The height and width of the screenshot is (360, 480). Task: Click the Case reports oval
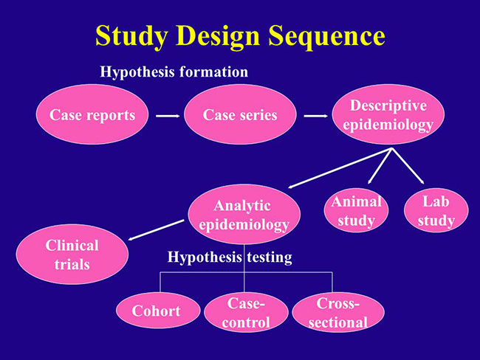(x=92, y=114)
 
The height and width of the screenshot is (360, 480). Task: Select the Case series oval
(x=240, y=114)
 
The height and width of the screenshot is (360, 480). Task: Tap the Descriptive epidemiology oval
(x=388, y=114)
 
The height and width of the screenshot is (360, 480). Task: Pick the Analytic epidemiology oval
(x=244, y=214)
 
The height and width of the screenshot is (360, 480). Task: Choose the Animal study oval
(x=356, y=210)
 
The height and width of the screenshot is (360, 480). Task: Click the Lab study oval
(x=436, y=210)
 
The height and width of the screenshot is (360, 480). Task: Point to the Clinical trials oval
(x=72, y=255)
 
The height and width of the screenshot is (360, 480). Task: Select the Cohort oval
(x=158, y=311)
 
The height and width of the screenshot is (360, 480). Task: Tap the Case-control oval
(x=246, y=312)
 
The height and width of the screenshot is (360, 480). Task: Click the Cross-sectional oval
(x=338, y=312)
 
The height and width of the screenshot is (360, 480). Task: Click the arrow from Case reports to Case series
(x=168, y=116)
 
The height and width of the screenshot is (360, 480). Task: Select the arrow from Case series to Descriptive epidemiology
(x=315, y=116)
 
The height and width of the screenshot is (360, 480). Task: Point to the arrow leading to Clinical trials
(x=156, y=230)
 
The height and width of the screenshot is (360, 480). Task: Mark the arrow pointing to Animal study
(x=380, y=166)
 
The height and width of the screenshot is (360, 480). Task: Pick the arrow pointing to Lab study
(x=408, y=166)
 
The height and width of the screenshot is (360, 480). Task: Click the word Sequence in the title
(x=326, y=36)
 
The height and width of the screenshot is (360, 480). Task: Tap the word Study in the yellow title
(x=131, y=36)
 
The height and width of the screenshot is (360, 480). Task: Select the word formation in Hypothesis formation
(x=213, y=72)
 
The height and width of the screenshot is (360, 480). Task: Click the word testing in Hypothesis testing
(x=270, y=257)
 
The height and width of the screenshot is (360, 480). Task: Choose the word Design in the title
(x=218, y=36)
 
